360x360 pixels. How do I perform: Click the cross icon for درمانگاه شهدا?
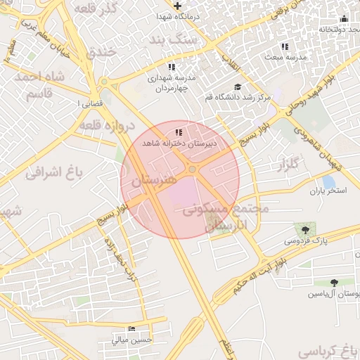[x=177, y=6]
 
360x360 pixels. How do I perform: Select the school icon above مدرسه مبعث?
[x=285, y=46]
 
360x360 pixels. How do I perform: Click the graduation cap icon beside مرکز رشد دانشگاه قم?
[x=238, y=87]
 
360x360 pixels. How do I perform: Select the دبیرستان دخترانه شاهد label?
[x=179, y=142]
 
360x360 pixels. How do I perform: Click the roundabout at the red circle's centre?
[x=191, y=170]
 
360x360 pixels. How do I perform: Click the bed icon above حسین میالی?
[x=131, y=329]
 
